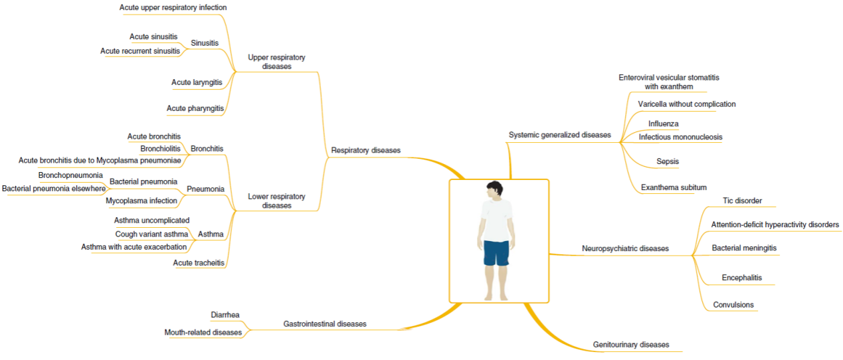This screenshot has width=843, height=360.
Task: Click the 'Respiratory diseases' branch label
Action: click(365, 150)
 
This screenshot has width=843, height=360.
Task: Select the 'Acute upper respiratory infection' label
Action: click(173, 8)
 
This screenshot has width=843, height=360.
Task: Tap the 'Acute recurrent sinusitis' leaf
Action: click(140, 51)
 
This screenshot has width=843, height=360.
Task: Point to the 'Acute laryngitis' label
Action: click(197, 82)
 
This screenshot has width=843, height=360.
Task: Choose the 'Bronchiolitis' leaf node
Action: click(159, 148)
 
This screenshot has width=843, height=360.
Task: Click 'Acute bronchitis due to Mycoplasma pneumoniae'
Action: click(100, 160)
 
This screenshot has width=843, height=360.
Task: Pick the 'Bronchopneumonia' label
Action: click(70, 175)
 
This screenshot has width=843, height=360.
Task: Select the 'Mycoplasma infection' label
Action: click(141, 201)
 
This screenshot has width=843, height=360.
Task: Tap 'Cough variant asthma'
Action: click(151, 234)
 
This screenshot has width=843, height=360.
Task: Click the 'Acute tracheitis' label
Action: click(199, 263)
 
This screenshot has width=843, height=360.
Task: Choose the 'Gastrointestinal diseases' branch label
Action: click(324, 324)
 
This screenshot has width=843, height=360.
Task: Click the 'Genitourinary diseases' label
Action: click(630, 345)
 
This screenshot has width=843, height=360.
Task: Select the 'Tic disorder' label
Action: click(742, 201)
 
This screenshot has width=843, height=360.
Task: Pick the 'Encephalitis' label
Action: click(741, 278)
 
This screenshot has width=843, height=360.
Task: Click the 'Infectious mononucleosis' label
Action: click(680, 137)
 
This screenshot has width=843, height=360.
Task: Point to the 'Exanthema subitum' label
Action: click(674, 188)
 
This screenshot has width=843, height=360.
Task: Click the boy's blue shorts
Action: click(496, 252)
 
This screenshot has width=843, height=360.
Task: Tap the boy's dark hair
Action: click(495, 188)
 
